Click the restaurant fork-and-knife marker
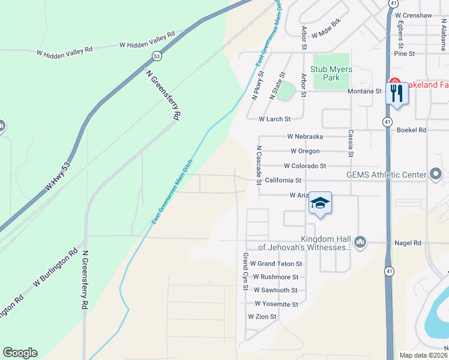click(x=397, y=94)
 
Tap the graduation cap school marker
click(x=321, y=204)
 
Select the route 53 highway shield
click(x=157, y=56)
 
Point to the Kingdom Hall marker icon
click(x=360, y=242)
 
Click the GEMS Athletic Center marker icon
click(x=436, y=175)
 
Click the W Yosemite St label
click(x=276, y=304)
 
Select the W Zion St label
click(x=262, y=316)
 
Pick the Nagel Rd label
click(x=408, y=242)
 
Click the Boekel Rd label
click(x=414, y=130)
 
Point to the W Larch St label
click(x=274, y=119)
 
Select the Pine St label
click(x=405, y=53)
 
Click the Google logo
click(x=20, y=352)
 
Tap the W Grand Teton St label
click(x=276, y=263)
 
